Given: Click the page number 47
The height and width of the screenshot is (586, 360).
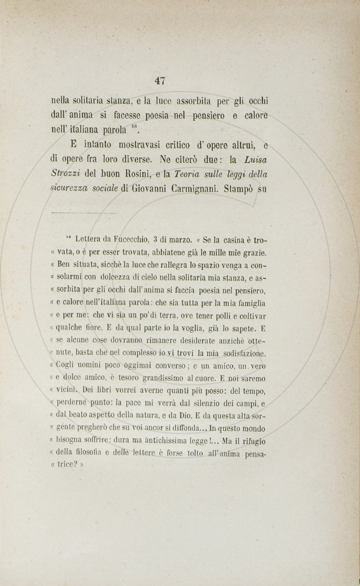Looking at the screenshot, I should [160, 81].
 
